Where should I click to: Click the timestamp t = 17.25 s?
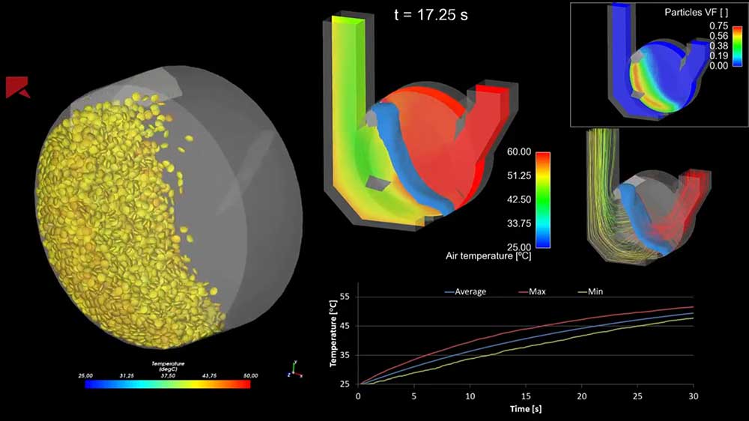[431, 14]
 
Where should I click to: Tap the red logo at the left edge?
[17, 87]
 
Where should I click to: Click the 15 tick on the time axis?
[526, 395]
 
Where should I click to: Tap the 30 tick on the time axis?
[693, 395]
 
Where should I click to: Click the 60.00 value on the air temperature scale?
[519, 151]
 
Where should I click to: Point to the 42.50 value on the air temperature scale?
[519, 199]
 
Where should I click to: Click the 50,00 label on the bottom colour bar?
[250, 375]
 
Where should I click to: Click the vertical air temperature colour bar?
[543, 199]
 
